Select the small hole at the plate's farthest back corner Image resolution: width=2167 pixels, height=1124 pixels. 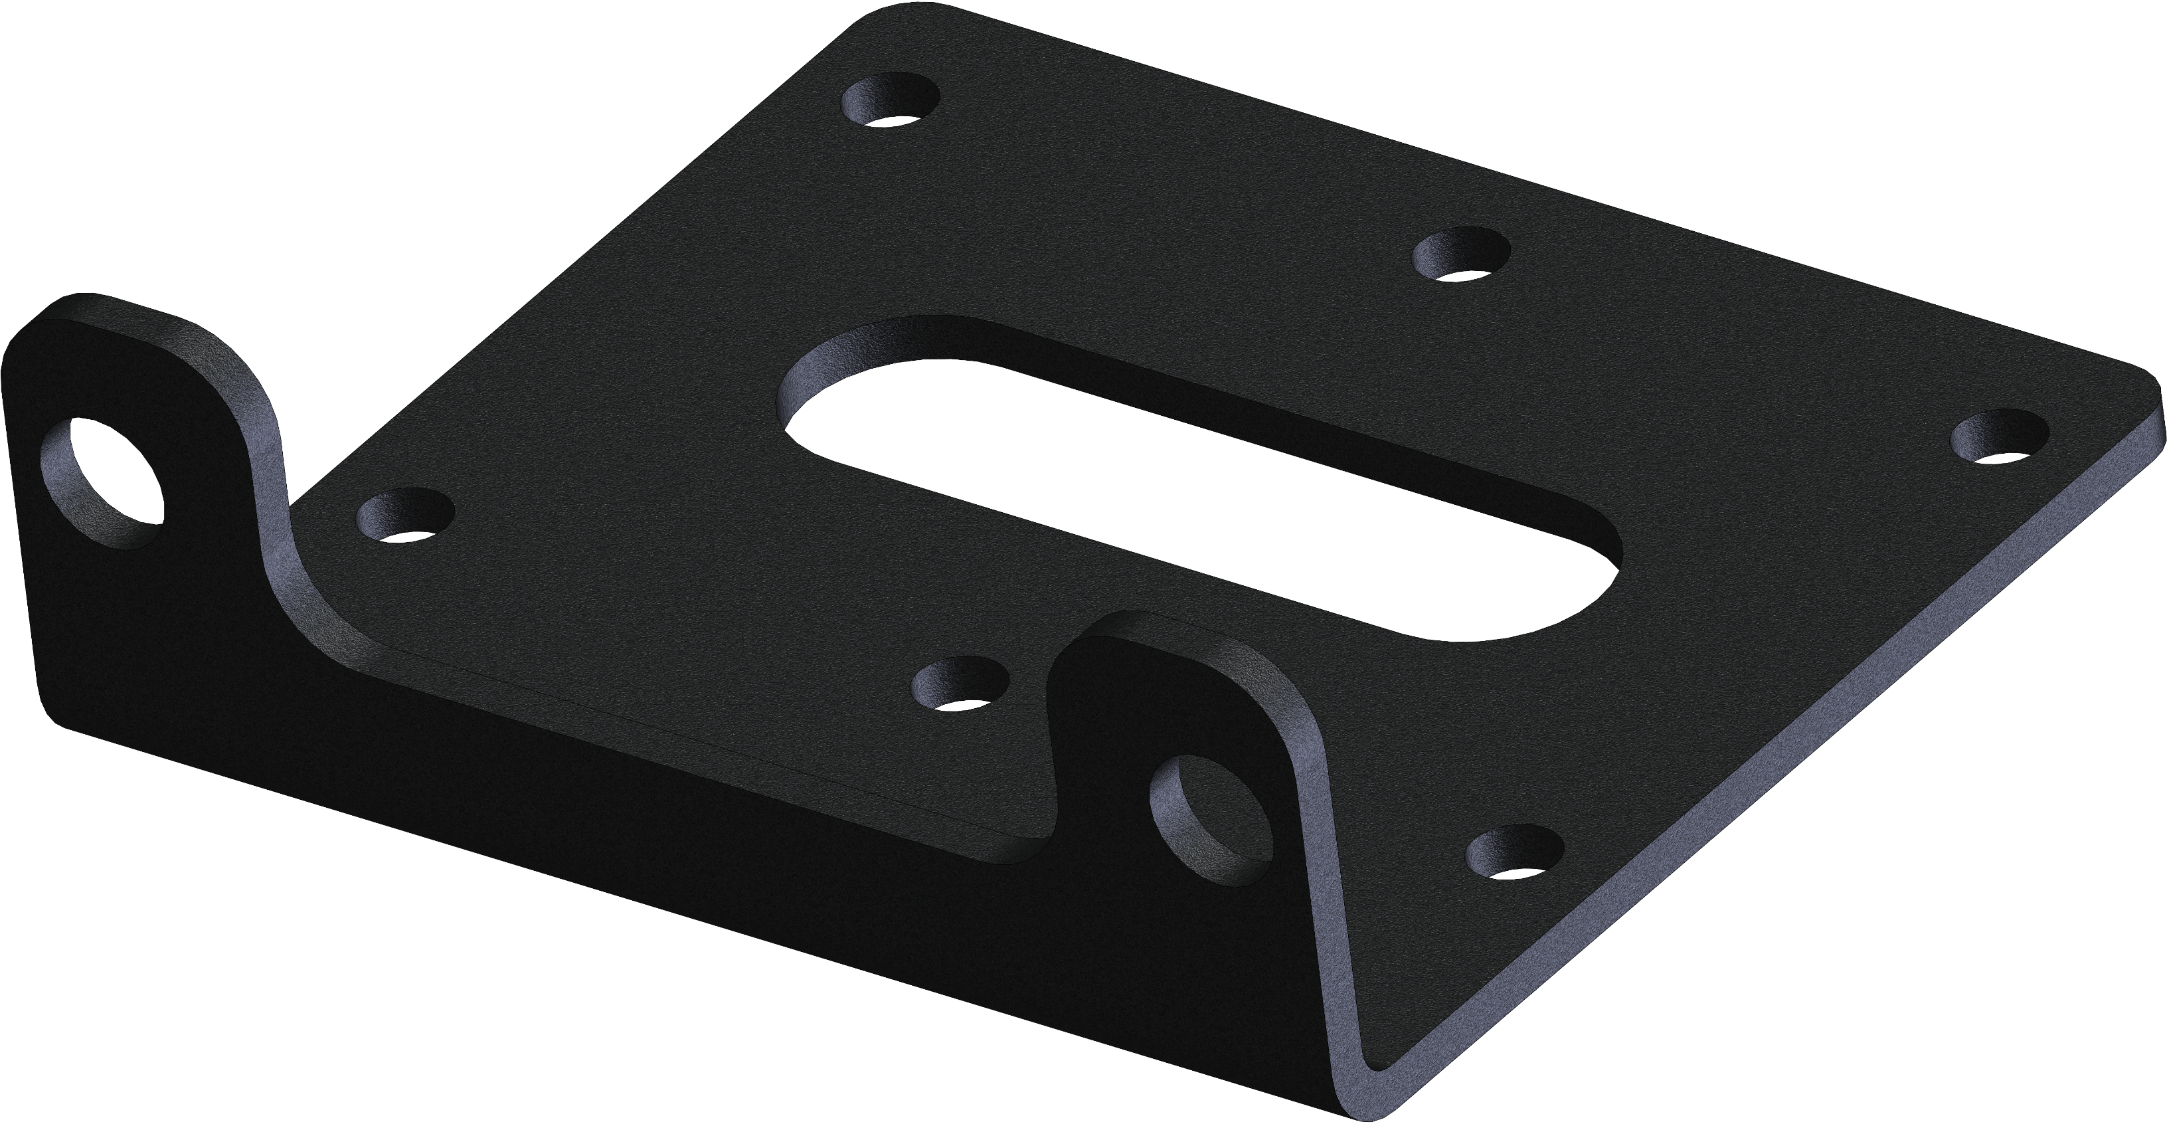(892, 101)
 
